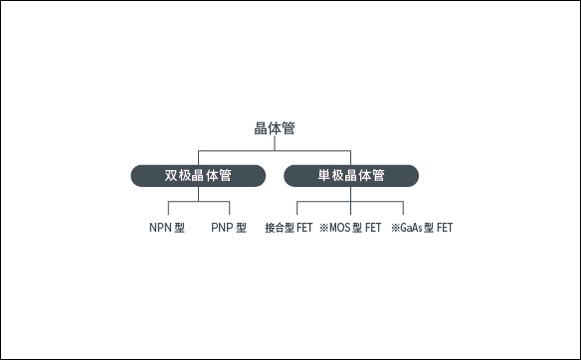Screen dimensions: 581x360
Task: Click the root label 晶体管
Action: tap(274, 128)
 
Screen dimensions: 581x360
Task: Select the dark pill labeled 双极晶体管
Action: tap(198, 176)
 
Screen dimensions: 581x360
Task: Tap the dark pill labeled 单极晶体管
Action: tap(351, 176)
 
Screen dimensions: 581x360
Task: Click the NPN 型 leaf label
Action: tap(167, 228)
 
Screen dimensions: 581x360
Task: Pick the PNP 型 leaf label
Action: tap(229, 228)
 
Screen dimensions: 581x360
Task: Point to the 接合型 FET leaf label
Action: tap(290, 228)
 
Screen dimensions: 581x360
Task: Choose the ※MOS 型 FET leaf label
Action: tap(350, 228)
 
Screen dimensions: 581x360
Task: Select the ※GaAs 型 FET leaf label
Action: tap(422, 228)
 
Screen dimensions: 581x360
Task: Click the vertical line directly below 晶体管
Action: tap(274, 143)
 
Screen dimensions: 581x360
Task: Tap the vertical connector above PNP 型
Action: tap(229, 209)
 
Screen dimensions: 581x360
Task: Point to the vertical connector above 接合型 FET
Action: tap(296, 209)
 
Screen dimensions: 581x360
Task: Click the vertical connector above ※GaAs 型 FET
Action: tap(404, 209)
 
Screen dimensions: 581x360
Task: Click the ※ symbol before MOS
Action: tap(323, 228)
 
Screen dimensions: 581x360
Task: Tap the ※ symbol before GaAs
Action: tap(395, 228)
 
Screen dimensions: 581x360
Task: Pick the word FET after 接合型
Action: tap(304, 228)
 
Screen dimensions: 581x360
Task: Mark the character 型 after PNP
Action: tap(242, 228)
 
